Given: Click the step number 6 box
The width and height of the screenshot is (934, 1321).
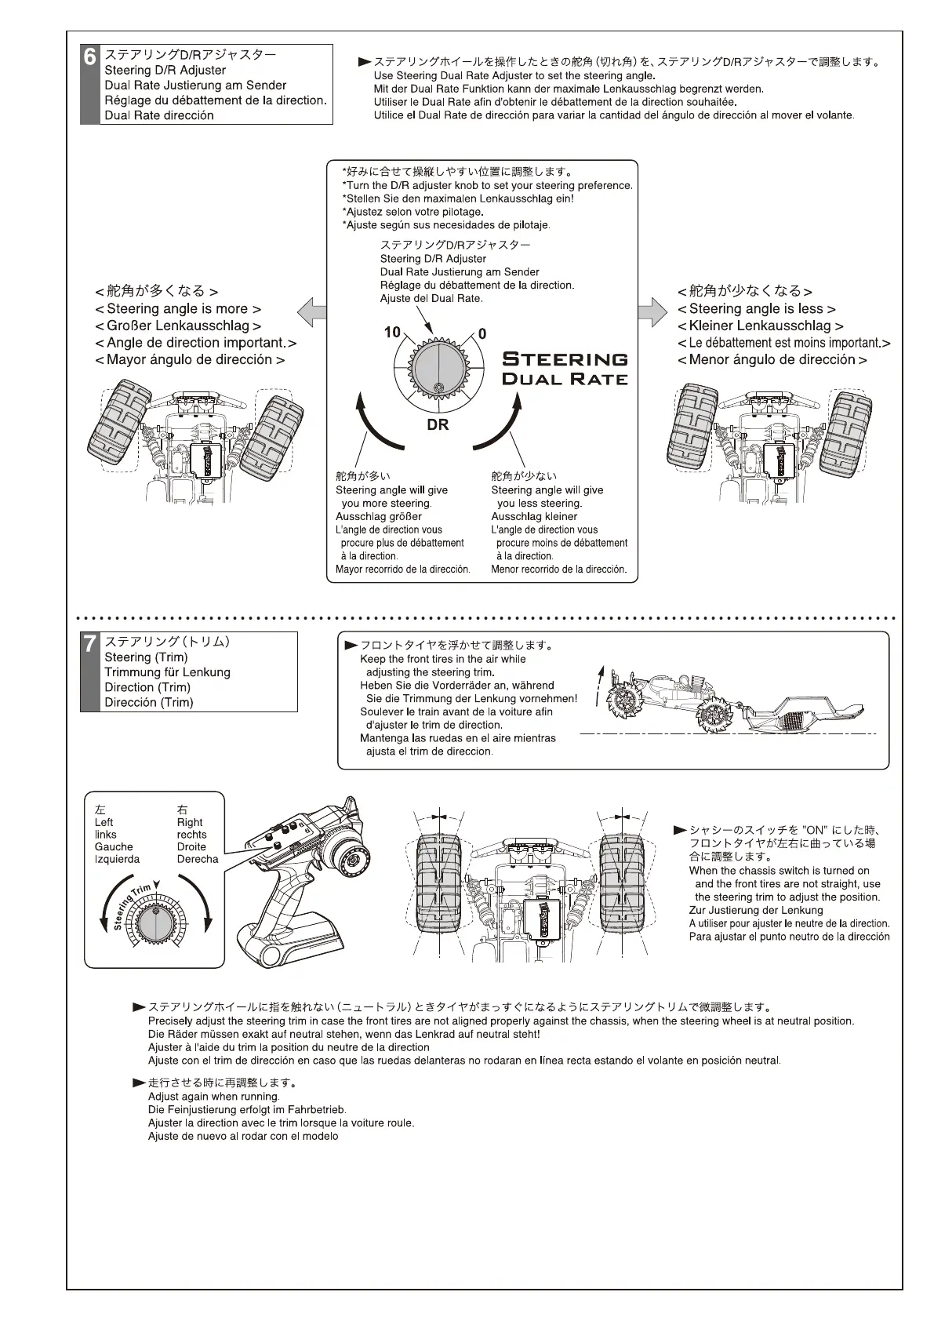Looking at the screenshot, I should coord(90,57).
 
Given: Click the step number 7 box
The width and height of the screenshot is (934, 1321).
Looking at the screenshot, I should coord(90,644).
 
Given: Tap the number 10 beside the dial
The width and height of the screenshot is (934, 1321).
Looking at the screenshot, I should coord(392,332).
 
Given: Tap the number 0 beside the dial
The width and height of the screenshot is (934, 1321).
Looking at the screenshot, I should coord(482,334).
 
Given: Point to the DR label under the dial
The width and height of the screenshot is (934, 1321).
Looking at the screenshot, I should coord(438,425).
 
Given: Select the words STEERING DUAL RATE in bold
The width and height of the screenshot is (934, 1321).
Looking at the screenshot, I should coord(565,369).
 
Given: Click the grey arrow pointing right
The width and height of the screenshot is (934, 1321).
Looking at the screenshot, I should coord(652,311).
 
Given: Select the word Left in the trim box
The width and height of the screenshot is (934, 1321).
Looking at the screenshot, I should coord(104,822).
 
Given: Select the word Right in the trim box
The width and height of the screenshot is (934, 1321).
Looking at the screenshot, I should coord(190,822).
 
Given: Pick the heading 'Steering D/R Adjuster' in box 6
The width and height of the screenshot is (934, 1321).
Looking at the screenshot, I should coord(165,70).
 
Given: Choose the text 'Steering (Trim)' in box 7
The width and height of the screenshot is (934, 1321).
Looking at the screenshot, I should coord(146,657).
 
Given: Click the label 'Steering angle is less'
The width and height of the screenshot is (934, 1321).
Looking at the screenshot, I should coord(756,309).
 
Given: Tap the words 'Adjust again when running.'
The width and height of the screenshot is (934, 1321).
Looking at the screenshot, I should coord(213,1096).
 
